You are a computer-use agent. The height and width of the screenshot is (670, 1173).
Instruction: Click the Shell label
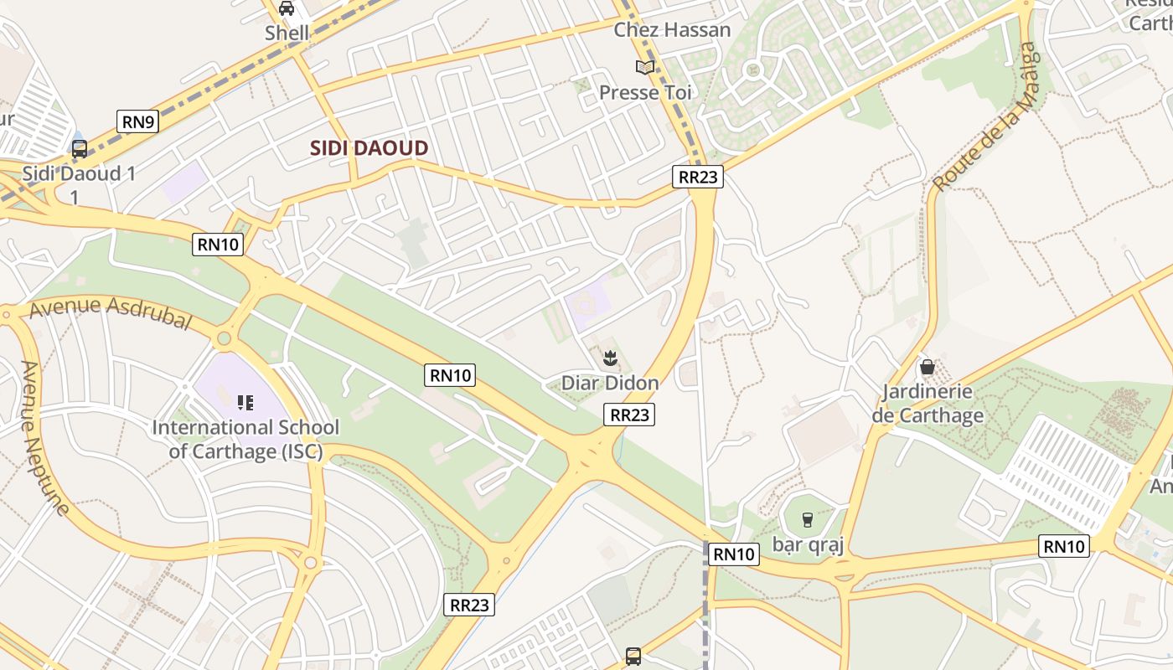(x=287, y=33)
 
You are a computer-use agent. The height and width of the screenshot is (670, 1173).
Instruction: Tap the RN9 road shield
(x=138, y=121)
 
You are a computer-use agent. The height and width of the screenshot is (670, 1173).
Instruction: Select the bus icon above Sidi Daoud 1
(x=80, y=149)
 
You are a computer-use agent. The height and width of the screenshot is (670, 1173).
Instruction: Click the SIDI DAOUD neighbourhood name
(x=369, y=149)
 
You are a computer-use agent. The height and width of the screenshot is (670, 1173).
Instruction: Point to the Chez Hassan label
(x=672, y=30)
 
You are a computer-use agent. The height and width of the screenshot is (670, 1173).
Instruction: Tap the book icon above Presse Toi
(x=644, y=68)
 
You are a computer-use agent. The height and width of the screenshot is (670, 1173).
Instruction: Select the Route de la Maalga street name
(x=986, y=117)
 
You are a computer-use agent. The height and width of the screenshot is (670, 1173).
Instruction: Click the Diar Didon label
(x=610, y=384)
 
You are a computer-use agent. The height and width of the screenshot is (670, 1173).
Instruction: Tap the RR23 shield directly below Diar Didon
(x=628, y=414)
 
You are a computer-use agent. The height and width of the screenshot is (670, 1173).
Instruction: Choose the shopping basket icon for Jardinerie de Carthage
(x=928, y=367)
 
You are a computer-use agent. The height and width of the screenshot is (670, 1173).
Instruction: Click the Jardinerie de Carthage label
(x=928, y=404)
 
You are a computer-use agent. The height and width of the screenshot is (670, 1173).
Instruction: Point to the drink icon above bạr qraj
(x=807, y=520)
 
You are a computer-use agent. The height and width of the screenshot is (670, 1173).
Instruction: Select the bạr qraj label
(x=807, y=545)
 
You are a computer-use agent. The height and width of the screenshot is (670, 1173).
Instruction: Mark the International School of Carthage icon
(x=245, y=403)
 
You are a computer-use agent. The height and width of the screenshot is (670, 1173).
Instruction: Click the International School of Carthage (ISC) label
(x=245, y=440)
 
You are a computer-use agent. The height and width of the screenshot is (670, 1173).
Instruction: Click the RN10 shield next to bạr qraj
(x=734, y=554)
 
